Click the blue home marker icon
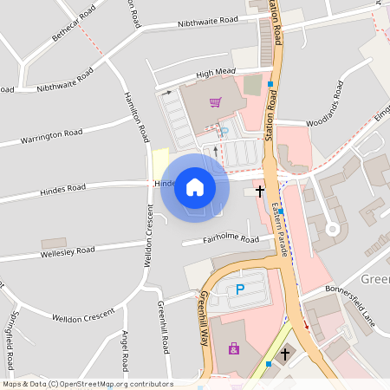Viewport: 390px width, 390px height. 195,187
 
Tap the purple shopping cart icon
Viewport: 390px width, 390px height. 215,102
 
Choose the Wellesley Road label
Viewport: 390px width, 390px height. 68,251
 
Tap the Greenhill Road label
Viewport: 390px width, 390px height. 162,327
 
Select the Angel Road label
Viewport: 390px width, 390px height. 125,347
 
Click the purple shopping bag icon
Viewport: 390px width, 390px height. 233,348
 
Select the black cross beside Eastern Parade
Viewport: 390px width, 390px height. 259,190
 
